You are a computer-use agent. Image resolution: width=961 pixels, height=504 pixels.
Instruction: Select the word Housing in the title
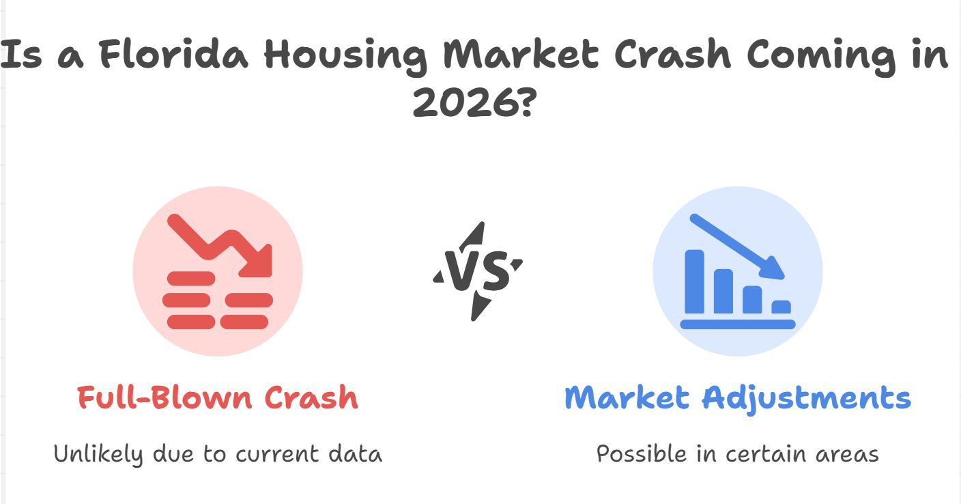(346, 57)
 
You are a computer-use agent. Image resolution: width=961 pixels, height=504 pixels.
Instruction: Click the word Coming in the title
(821, 57)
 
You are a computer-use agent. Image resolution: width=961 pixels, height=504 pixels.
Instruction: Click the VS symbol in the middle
(478, 271)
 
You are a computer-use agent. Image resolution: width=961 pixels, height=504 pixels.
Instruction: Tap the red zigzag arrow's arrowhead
(257, 262)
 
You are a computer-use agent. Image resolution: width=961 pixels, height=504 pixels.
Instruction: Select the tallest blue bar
(695, 281)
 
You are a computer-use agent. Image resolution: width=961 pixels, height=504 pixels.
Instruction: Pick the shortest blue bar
(781, 307)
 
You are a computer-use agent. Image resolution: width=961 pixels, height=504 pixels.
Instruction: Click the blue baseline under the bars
(738, 324)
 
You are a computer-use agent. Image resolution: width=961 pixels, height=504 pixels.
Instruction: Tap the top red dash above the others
(191, 278)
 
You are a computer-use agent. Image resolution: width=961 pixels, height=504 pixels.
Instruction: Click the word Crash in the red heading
(311, 397)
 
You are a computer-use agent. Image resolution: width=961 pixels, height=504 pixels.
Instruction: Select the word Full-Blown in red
(164, 397)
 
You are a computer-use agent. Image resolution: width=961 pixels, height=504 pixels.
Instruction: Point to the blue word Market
(627, 397)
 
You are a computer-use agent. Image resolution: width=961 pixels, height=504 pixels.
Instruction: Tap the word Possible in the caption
(642, 453)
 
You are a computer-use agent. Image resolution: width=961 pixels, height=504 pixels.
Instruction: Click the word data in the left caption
(355, 454)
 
